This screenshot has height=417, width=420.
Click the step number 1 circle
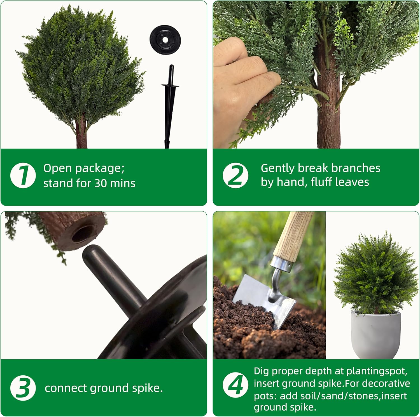click(x=23, y=175)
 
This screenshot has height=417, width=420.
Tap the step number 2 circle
click(x=235, y=175)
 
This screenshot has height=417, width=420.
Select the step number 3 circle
click(x=23, y=388)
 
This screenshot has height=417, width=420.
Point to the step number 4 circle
click(x=235, y=385)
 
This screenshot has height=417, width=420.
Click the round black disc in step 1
click(x=165, y=40)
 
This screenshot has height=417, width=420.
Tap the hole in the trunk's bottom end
click(x=83, y=234)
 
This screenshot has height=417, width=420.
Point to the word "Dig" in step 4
click(x=261, y=371)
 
